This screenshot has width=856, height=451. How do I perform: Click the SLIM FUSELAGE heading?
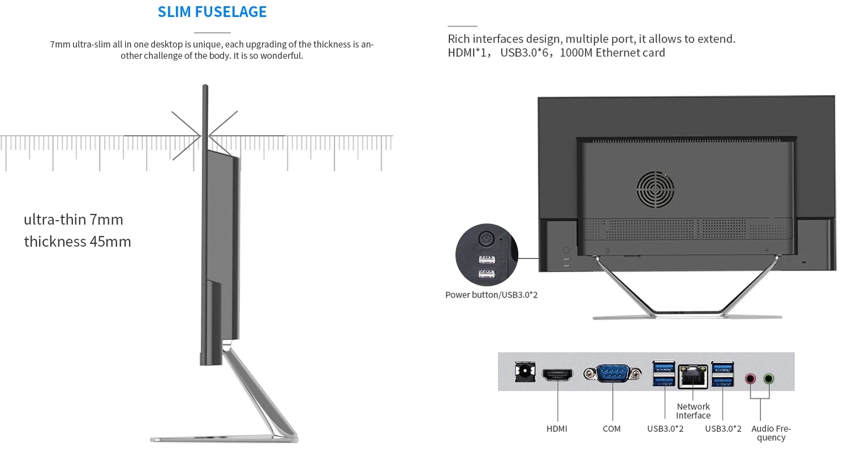coord(212,12)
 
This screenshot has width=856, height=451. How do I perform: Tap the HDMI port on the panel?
coord(557,375)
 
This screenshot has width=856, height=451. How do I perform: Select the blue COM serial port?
coord(612,373)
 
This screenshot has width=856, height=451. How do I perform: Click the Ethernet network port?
coord(693,376)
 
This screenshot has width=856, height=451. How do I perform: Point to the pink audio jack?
coord(751,379)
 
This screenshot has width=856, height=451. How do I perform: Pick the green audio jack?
coord(769,379)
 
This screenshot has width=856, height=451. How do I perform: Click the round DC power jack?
coord(525,372)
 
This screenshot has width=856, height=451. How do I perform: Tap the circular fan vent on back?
coord(655,190)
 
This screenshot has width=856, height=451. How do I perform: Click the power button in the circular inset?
coord(486,239)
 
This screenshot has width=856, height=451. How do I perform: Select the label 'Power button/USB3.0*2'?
coord(492,295)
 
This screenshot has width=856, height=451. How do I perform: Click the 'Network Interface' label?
coord(693,411)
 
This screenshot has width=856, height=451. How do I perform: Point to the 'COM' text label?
coord(612,429)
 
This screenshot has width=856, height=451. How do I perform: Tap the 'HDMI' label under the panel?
coord(557,429)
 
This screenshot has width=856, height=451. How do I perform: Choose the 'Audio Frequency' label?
coord(771,433)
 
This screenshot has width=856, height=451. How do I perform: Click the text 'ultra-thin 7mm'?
coord(74,220)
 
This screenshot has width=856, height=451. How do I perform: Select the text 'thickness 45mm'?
coord(78,242)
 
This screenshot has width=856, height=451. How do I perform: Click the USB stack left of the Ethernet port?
coord(664,373)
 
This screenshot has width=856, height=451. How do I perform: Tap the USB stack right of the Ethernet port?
coord(722,374)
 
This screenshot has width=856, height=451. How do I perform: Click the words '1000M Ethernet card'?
coord(612,53)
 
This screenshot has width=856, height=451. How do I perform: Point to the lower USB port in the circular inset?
coord(487,274)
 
